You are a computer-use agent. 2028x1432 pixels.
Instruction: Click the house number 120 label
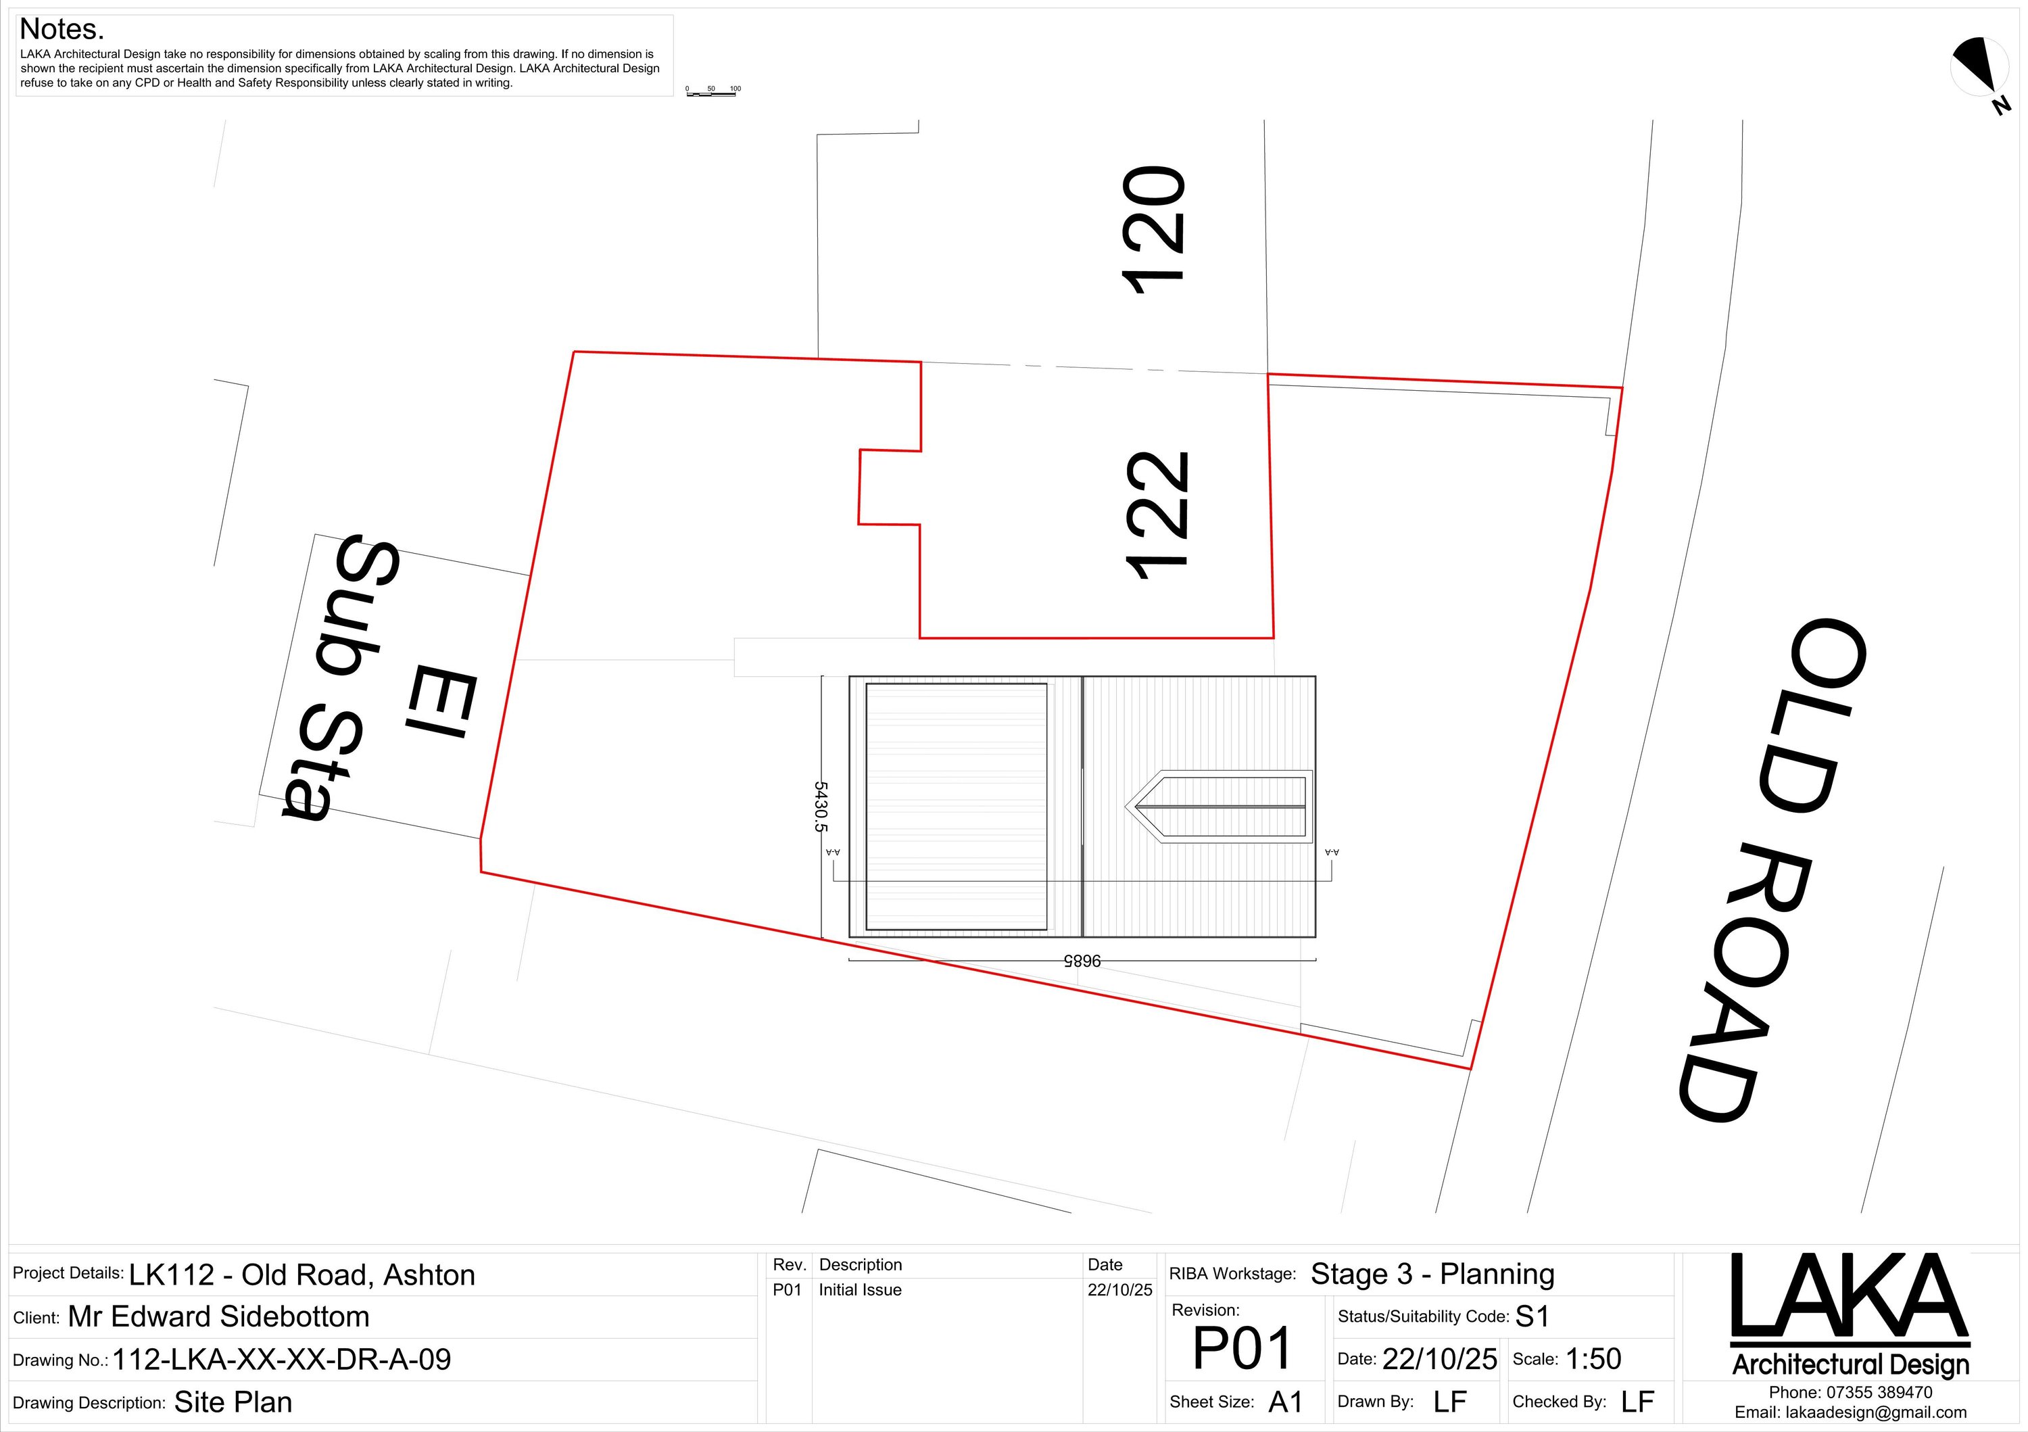[1153, 230]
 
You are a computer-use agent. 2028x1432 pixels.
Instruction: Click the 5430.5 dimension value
[821, 807]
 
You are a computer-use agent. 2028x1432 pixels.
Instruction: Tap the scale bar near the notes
[712, 92]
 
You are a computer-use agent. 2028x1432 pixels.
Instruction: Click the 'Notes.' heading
[62, 30]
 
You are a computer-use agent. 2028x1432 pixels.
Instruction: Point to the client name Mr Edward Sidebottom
[218, 1317]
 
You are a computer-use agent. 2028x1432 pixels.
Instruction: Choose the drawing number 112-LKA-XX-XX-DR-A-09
[282, 1360]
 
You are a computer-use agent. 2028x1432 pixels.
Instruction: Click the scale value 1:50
[1593, 1360]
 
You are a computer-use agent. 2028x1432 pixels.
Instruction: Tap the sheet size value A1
[1286, 1402]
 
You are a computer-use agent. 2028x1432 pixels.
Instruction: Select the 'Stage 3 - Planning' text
[1432, 1274]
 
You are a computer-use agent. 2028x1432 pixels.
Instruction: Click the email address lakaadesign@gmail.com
[1876, 1412]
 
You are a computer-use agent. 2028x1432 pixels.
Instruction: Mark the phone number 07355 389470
[1879, 1392]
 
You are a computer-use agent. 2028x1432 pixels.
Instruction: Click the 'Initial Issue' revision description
[859, 1290]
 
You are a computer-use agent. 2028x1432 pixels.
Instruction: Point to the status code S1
[1532, 1317]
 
